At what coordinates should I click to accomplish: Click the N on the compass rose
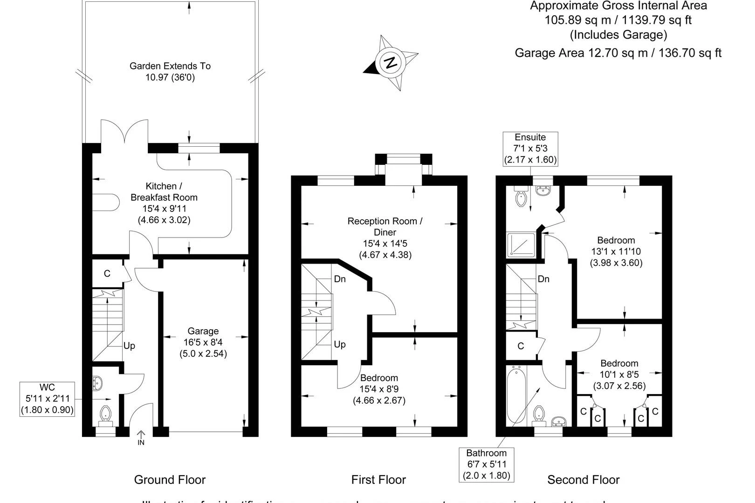point(391,62)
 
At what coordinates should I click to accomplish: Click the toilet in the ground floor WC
point(106,414)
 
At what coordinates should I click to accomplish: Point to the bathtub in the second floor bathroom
point(516,395)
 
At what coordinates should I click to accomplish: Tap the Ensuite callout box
point(530,149)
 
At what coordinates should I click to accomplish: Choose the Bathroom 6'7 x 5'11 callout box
point(487,464)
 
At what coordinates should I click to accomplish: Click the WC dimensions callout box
point(47,399)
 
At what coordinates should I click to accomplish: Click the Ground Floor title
point(170,480)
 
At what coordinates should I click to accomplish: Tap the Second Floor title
point(583,480)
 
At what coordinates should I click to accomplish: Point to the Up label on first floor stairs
point(340,344)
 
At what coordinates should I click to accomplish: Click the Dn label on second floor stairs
point(543,279)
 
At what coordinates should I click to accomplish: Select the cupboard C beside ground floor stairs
point(107,273)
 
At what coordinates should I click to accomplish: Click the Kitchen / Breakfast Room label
point(164,203)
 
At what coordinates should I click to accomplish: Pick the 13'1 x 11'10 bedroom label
point(616,251)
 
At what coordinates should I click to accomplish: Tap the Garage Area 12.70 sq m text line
point(618,53)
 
